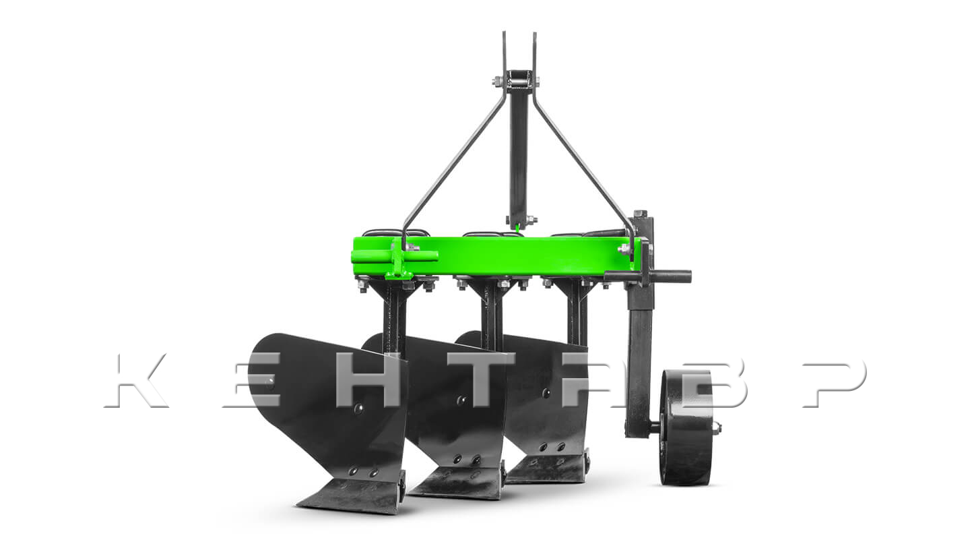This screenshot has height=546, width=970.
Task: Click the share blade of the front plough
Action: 352,497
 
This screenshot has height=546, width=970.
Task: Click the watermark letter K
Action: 135,380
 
